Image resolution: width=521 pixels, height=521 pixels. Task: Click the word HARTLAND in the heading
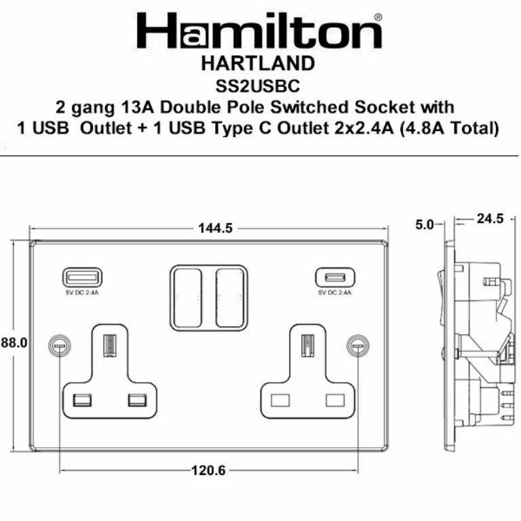[258, 64]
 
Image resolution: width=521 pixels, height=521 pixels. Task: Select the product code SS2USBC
[258, 86]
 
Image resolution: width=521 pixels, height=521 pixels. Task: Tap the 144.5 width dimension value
[215, 229]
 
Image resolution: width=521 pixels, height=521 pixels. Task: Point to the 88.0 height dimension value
[13, 343]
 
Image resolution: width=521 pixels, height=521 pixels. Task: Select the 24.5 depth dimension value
[490, 219]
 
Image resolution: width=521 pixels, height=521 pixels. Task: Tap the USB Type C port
[334, 277]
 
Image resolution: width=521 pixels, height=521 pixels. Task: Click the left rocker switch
[186, 297]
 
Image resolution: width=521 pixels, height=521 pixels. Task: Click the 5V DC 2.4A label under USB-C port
[334, 293]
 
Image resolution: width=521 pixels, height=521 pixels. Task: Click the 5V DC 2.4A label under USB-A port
[83, 293]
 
